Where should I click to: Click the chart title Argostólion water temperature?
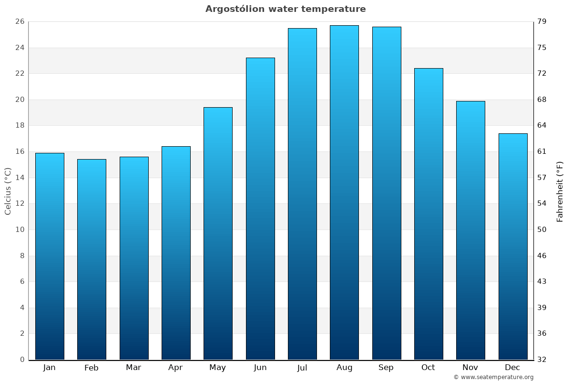click(286, 9)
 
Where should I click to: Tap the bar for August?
click(344, 192)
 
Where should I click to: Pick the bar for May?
click(218, 233)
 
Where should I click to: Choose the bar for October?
click(429, 214)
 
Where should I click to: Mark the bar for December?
click(513, 246)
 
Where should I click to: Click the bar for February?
click(92, 260)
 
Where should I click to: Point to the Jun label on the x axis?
click(260, 368)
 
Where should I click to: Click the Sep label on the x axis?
click(386, 368)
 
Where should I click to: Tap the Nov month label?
click(470, 368)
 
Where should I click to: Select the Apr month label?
click(175, 368)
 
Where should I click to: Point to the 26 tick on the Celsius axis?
click(20, 21)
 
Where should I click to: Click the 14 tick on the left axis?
click(20, 178)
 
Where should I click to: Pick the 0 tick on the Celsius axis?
click(22, 360)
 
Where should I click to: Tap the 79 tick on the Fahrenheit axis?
click(542, 21)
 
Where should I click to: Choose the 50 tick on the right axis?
click(542, 230)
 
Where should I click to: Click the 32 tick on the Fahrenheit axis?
click(542, 360)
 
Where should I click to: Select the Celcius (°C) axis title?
click(8, 191)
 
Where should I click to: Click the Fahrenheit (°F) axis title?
click(560, 191)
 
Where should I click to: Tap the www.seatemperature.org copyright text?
click(493, 377)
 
